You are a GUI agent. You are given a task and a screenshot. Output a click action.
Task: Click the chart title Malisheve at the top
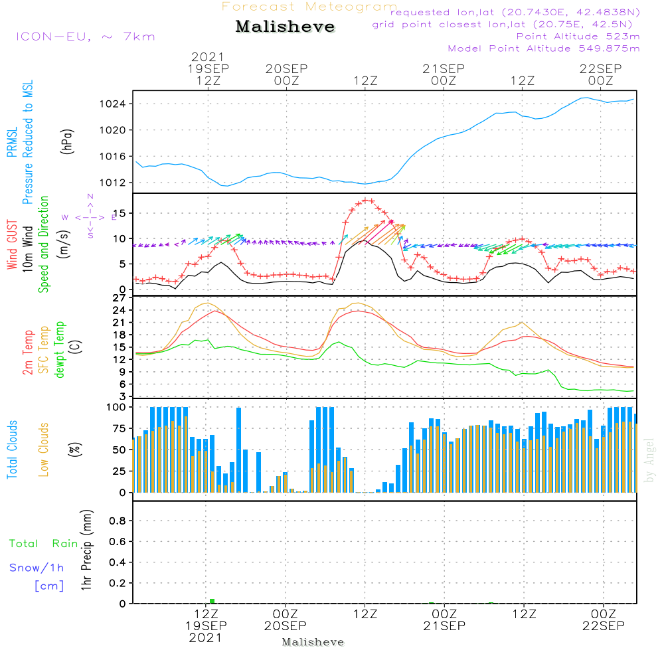(285, 27)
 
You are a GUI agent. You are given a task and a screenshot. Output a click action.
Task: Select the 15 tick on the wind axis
(120, 213)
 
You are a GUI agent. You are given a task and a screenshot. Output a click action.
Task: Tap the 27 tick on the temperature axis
(120, 298)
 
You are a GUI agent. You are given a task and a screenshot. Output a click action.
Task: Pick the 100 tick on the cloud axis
(117, 407)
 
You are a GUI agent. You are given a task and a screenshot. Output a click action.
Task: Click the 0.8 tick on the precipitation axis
(118, 521)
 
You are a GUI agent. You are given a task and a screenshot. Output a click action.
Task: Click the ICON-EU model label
(84, 37)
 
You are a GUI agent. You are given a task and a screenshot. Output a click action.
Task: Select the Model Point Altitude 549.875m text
(543, 48)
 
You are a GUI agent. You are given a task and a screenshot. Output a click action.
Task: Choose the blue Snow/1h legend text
(37, 568)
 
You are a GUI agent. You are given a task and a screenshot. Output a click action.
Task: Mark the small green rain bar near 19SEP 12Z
(212, 601)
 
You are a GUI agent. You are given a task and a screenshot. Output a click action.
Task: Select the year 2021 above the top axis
(208, 57)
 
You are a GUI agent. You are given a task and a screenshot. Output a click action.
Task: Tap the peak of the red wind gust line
(366, 200)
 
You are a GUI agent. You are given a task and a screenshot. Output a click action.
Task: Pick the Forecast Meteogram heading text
(309, 7)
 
